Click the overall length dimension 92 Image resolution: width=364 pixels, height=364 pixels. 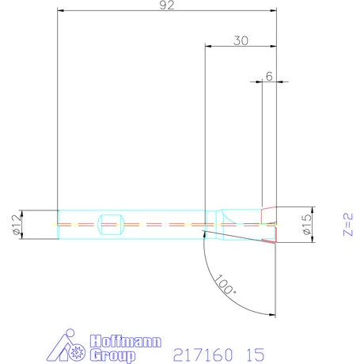pyautogui.click(x=167, y=6)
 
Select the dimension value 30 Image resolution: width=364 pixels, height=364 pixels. pyautogui.click(x=241, y=41)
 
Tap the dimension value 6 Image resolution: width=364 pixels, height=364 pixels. pyautogui.click(x=269, y=76)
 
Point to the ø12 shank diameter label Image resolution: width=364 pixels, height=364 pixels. pyautogui.click(x=16, y=224)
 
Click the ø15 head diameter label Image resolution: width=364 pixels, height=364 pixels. pyautogui.click(x=306, y=225)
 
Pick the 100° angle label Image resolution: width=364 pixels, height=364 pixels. pyautogui.click(x=225, y=285)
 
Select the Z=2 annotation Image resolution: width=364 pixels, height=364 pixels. pyautogui.click(x=348, y=225)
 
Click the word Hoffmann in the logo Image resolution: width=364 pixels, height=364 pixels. pyautogui.click(x=125, y=341)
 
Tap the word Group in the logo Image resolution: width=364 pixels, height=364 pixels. pyautogui.click(x=112, y=355)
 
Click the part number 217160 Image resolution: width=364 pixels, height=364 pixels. pyautogui.click(x=203, y=355)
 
